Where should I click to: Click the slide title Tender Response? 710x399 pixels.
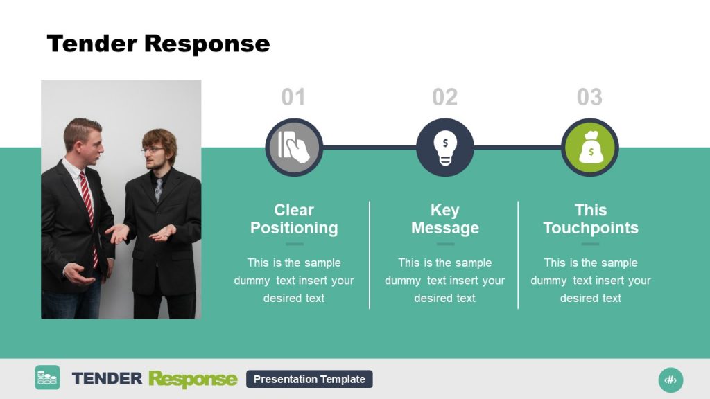click(158, 44)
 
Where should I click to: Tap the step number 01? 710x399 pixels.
click(293, 98)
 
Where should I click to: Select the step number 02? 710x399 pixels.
click(444, 98)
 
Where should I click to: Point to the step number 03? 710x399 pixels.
click(589, 98)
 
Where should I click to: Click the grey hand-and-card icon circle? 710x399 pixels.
click(294, 147)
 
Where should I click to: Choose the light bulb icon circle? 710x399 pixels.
click(444, 147)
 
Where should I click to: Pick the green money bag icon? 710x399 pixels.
click(589, 148)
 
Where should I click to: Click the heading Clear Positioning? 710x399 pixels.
click(294, 219)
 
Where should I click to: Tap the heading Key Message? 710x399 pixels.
click(444, 219)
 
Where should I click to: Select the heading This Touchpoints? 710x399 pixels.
click(591, 219)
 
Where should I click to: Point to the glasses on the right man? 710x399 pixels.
click(152, 149)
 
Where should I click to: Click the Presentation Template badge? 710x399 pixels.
click(309, 379)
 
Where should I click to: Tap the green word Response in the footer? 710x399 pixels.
click(192, 379)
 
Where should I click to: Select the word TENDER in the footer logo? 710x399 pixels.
click(107, 378)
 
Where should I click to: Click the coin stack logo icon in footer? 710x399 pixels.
click(47, 378)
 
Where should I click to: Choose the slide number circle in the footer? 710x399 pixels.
click(670, 380)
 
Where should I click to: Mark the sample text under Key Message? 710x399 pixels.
click(444, 281)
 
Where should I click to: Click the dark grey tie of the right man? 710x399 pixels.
click(158, 189)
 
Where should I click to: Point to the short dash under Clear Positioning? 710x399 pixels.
click(294, 244)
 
